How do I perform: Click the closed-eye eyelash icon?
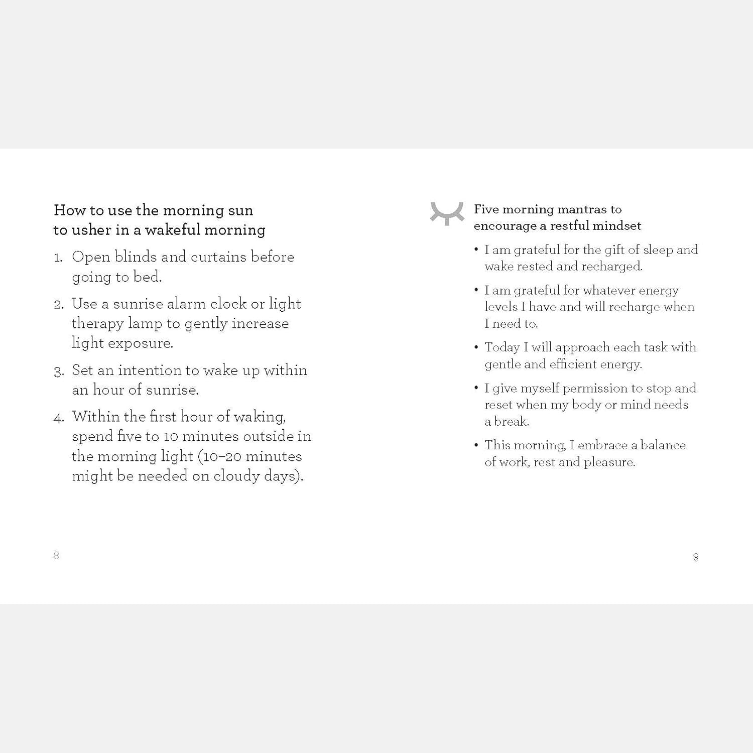pos(447,213)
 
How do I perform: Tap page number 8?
pos(56,555)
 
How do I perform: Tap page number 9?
pos(696,557)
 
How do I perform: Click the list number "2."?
pos(59,305)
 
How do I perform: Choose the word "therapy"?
pos(97,324)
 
